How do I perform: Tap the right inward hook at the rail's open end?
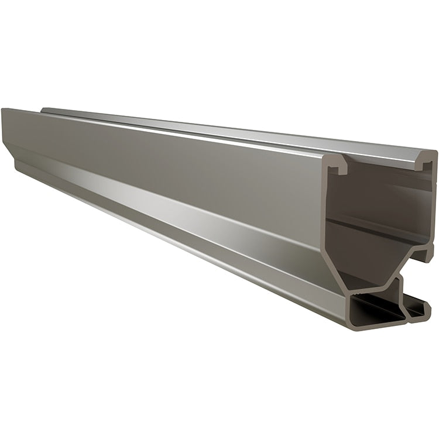pyautogui.click(x=423, y=164)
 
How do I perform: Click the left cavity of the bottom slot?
pyautogui.click(x=375, y=307)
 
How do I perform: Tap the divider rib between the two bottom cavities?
pyautogui.click(x=404, y=301)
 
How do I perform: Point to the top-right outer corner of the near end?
pyautogui.click(x=434, y=153)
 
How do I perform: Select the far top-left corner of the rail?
pyautogui.click(x=3, y=110)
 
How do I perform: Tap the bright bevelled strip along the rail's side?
pyautogui.click(x=176, y=217)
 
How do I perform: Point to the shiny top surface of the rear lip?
pyautogui.click(x=234, y=132)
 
